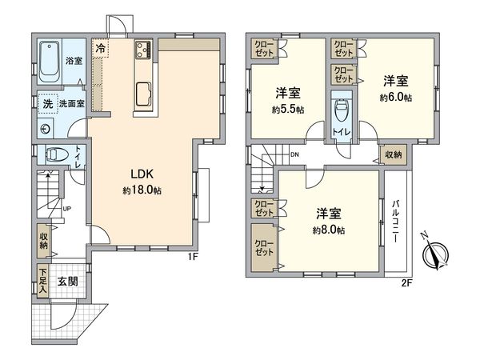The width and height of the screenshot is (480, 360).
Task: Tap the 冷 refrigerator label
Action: pyautogui.click(x=100, y=49)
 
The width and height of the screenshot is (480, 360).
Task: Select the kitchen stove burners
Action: pyautogui.click(x=144, y=50)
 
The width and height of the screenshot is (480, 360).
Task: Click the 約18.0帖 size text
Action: pyautogui.click(x=142, y=191)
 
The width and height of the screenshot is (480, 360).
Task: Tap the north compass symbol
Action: pyautogui.click(x=436, y=256)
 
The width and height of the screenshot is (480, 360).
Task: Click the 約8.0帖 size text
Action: pyautogui.click(x=329, y=230)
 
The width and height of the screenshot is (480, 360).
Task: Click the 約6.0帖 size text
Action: pyautogui.click(x=396, y=98)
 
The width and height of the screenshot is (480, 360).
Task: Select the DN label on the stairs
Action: pyautogui.click(x=294, y=154)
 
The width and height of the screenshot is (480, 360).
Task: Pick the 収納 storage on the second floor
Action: pyautogui.click(x=393, y=154)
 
